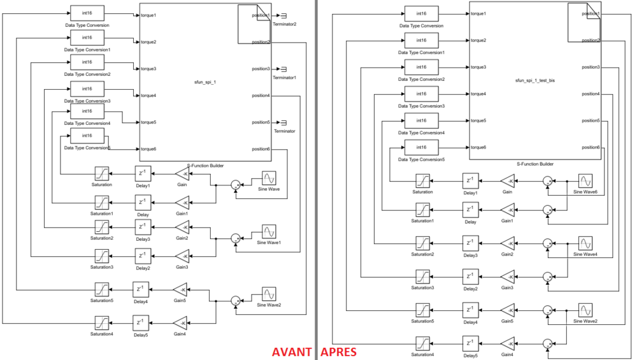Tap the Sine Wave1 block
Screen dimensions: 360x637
269,231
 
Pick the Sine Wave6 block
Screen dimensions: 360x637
585,181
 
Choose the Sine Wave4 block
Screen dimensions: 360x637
585,243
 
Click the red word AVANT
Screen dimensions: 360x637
292,352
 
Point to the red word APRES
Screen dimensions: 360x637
338,352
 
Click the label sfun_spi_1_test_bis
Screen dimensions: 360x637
535,81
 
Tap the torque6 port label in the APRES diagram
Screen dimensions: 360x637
478,147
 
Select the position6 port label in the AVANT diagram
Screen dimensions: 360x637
261,149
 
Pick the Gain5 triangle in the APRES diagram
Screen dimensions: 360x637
507,310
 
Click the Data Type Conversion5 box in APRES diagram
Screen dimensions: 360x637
421,148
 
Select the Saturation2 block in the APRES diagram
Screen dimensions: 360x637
423,243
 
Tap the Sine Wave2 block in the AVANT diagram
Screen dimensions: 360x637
269,294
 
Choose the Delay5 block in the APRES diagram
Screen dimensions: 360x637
470,343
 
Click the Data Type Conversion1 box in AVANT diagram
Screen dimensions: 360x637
87,39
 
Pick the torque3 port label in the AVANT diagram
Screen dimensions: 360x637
148,69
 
